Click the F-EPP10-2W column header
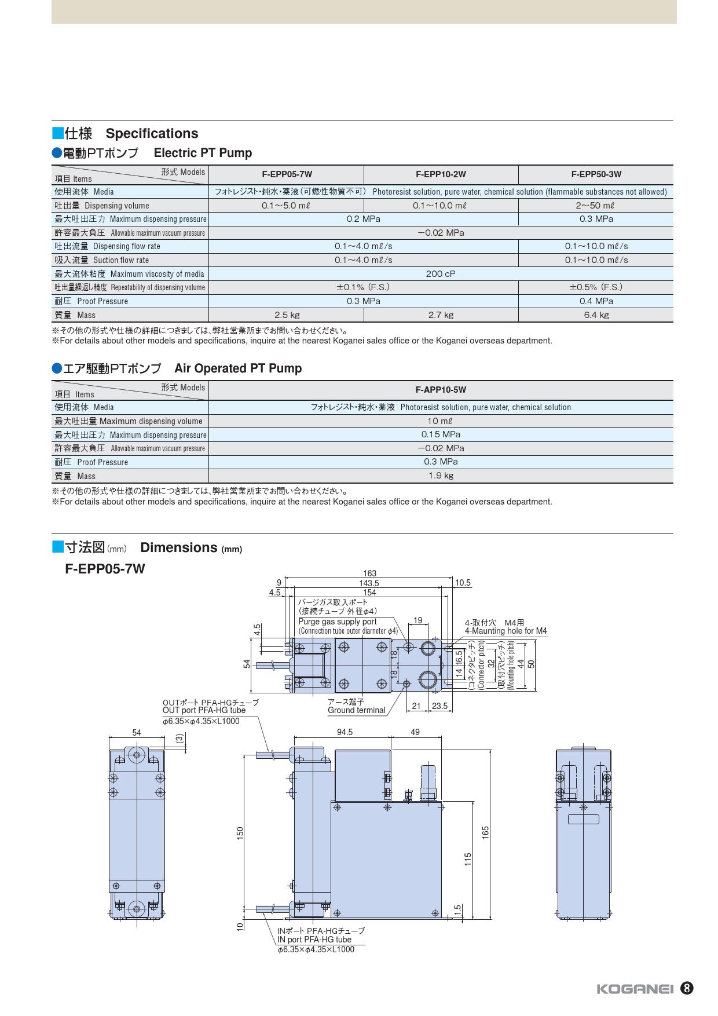click(x=441, y=174)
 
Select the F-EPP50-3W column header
click(x=596, y=174)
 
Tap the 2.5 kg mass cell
click(x=287, y=315)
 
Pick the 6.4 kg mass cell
click(x=596, y=315)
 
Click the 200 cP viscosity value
click(x=441, y=274)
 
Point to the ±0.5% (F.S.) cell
click(x=596, y=287)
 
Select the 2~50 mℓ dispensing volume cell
click(x=596, y=206)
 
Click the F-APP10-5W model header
click(x=441, y=390)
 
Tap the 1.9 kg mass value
click(x=441, y=476)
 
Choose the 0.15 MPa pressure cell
click(x=441, y=434)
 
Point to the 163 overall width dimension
click(x=369, y=573)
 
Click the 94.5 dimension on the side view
click(x=345, y=732)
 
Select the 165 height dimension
click(x=485, y=832)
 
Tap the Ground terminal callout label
click(x=356, y=710)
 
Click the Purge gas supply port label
click(x=338, y=622)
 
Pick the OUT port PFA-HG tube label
click(x=204, y=710)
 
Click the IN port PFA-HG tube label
click(x=314, y=940)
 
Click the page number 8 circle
click(x=687, y=988)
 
